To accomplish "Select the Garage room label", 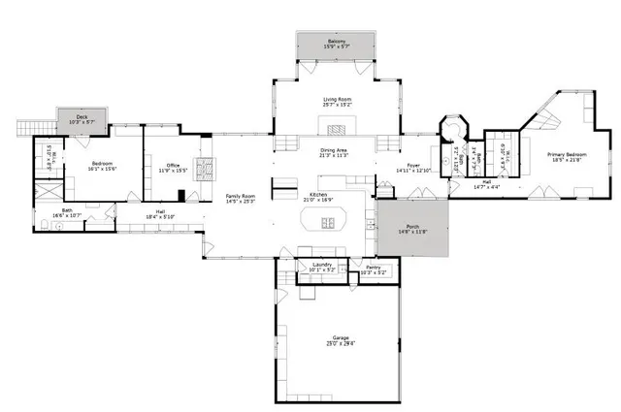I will click(x=341, y=338).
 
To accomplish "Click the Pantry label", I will click(x=372, y=269).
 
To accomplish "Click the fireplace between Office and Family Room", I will click(x=206, y=170).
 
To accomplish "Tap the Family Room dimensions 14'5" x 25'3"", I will click(x=240, y=201).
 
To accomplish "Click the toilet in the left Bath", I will click(x=47, y=225).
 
